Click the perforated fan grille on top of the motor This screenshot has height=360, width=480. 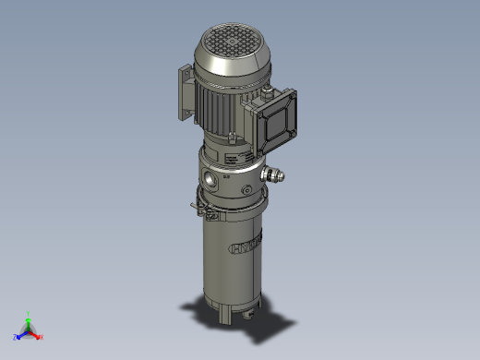tap(226, 41)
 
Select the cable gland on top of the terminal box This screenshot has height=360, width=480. tap(267, 90)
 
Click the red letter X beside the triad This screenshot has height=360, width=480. tap(42, 337)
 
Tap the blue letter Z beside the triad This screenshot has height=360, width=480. tap(16, 337)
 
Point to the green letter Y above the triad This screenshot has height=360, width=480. tap(29, 313)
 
